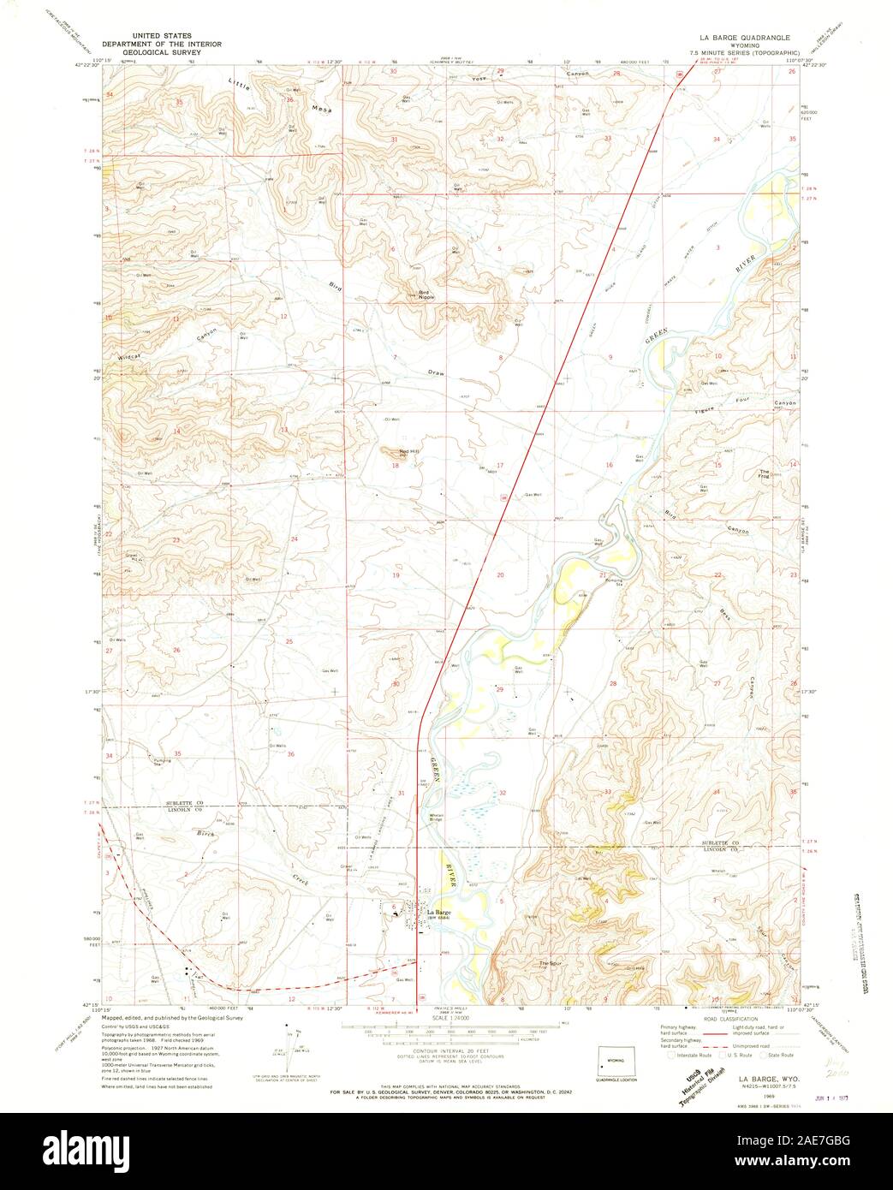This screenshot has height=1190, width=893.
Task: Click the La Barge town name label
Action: [438, 912]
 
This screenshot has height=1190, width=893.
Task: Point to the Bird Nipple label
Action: [426, 295]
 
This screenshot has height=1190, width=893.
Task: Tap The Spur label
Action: [549, 965]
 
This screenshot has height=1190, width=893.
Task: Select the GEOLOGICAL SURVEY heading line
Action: [158, 51]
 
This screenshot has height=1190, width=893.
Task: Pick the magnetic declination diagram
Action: [289, 1037]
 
